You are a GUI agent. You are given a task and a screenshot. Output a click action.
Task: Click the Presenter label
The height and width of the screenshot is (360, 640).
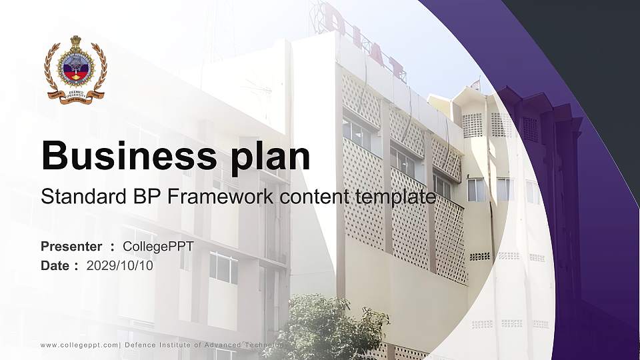(x=71, y=247)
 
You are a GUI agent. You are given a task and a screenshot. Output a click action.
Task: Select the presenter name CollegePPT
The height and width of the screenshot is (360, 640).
(x=158, y=247)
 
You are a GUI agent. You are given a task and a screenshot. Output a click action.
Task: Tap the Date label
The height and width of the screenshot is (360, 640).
(x=55, y=266)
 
